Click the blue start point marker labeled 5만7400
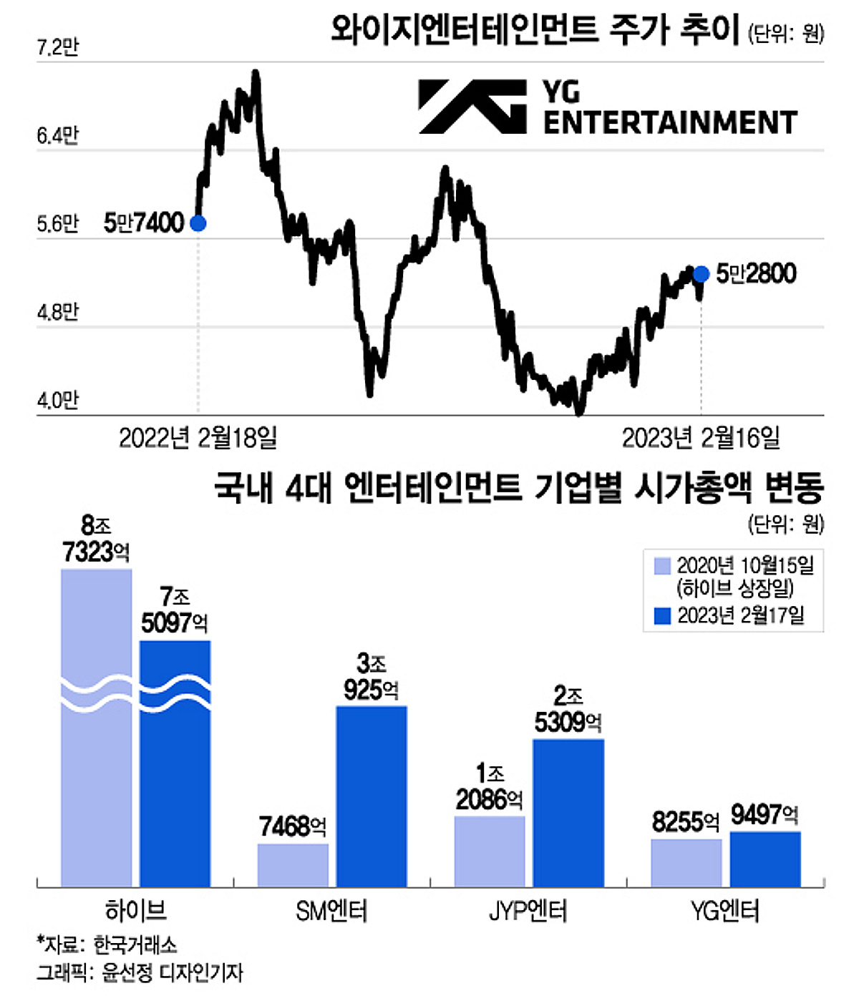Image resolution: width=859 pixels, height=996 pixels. pos(198,223)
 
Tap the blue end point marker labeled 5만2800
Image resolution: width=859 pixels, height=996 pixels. pos(701,273)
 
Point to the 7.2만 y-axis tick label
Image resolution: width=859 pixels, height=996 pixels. pos(57,47)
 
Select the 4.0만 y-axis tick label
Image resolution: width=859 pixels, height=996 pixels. pos(57,400)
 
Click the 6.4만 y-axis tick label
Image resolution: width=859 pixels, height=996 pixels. pos(57,135)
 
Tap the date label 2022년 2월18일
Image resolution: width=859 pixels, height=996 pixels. pos(198,438)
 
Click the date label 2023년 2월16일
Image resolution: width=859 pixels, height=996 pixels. pos(701,438)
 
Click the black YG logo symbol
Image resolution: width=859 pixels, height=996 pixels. pos(472,107)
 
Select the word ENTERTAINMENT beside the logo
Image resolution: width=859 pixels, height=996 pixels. pos(670,123)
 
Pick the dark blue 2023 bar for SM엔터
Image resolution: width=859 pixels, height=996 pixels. pos(372,796)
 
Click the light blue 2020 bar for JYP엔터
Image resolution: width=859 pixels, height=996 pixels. pos(490,851)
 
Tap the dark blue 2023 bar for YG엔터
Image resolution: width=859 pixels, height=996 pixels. pos(765,859)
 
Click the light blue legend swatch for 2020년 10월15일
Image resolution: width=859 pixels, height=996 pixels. pos(662,566)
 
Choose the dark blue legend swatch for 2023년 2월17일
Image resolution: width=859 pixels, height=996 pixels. pos(662,615)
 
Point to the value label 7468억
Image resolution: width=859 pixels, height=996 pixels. pos(293,827)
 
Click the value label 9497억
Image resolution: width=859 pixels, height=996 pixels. pos(765,814)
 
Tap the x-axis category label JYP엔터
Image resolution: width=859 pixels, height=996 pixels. pos(528,912)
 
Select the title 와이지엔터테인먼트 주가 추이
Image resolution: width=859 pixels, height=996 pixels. pos(535,31)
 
